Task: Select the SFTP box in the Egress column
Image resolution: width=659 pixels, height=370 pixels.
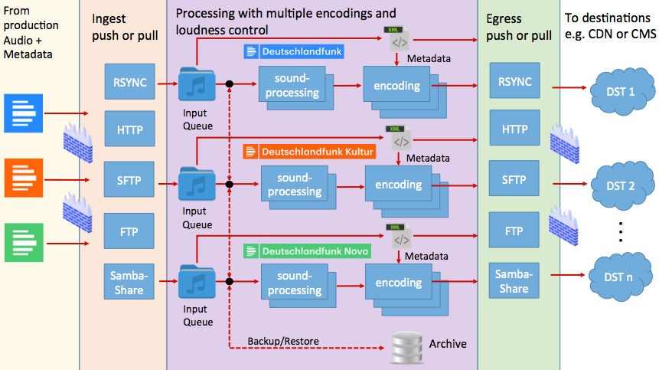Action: [x=514, y=180]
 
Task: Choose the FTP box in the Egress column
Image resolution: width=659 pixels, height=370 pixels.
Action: [x=514, y=230]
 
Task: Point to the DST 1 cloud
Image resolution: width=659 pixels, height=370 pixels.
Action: [x=620, y=92]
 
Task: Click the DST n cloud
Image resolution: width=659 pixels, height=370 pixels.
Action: [x=618, y=277]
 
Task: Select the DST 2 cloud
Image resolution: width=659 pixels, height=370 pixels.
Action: [x=620, y=186]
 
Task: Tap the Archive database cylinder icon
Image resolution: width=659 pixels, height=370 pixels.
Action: [x=406, y=347]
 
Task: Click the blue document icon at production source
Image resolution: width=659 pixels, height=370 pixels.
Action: [x=21, y=113]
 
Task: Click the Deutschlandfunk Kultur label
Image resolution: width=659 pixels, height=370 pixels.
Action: [x=310, y=152]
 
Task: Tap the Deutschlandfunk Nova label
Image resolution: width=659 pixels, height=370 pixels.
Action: [x=308, y=250]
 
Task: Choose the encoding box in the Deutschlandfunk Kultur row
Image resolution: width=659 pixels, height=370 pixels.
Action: [x=398, y=185]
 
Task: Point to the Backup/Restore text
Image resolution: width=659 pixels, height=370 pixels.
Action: [x=282, y=341]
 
